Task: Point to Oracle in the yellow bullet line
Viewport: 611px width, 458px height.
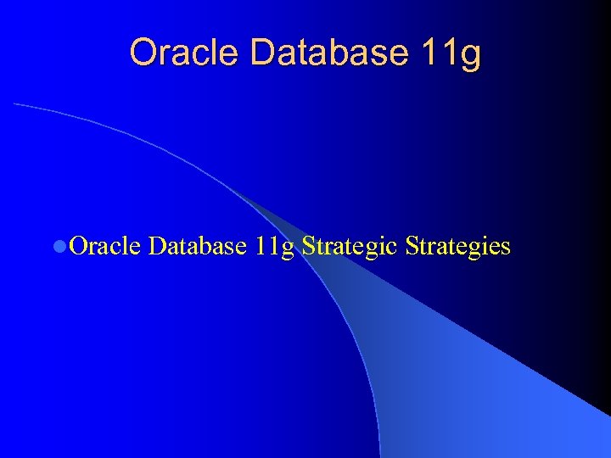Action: [105, 246]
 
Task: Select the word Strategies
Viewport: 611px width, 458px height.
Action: [458, 247]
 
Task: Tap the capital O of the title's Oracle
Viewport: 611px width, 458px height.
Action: [143, 53]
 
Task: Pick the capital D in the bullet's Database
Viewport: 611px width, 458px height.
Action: [156, 246]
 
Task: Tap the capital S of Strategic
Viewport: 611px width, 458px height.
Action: [308, 246]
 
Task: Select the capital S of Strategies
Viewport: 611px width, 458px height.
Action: [412, 246]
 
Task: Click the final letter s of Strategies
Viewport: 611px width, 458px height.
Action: [506, 249]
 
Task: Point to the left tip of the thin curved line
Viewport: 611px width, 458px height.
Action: [14, 103]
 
